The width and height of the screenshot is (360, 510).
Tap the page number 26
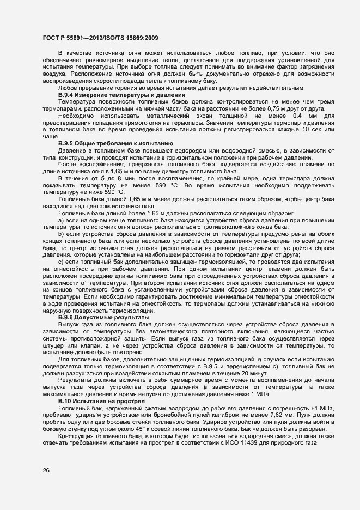46,471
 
